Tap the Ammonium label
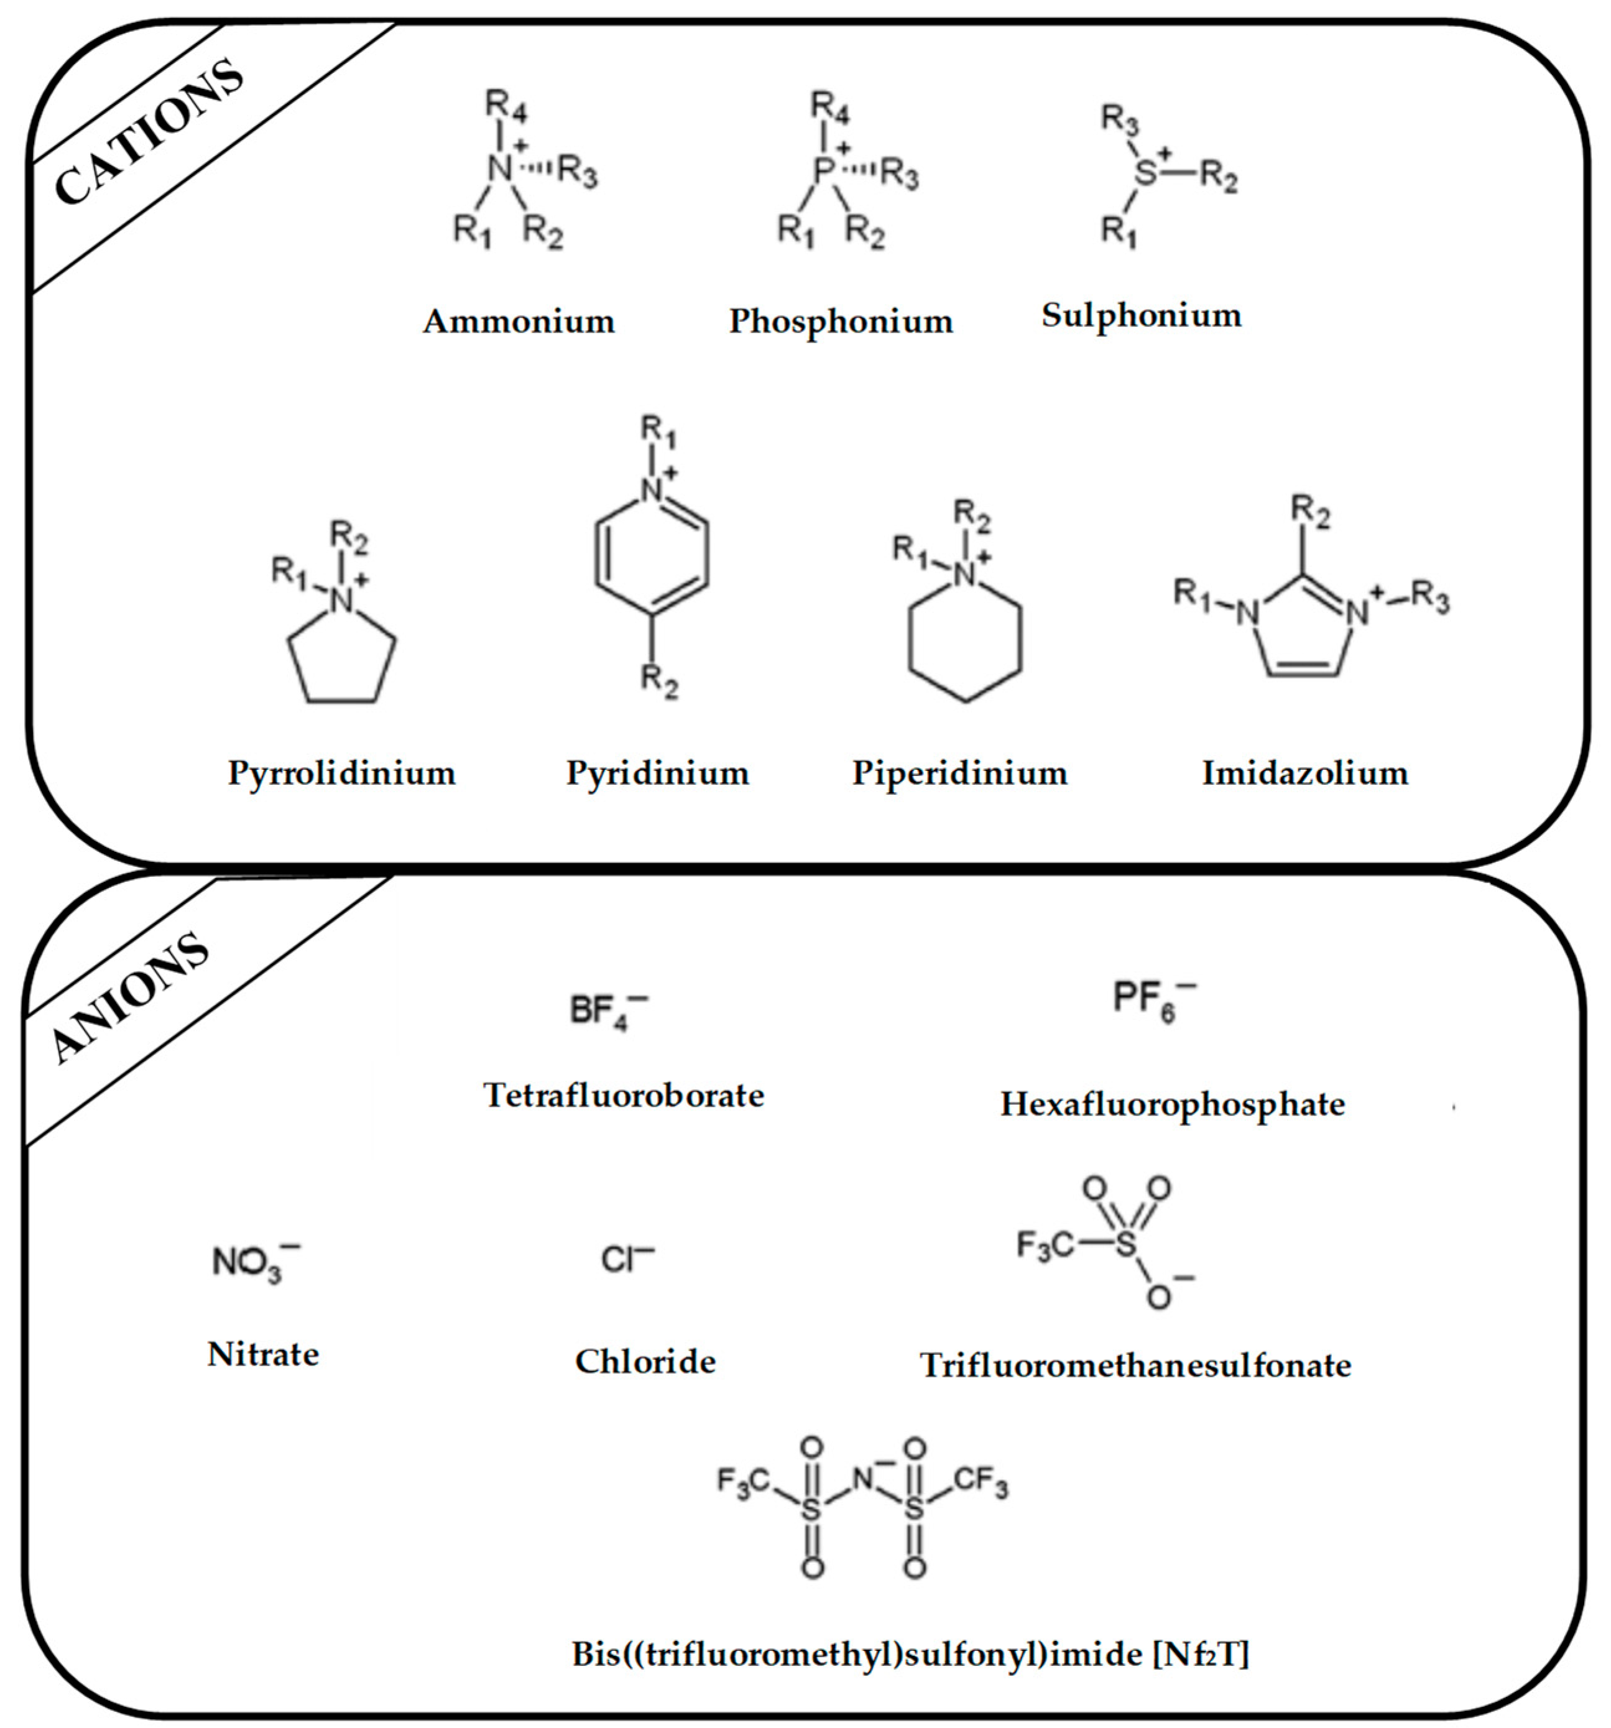[519, 321]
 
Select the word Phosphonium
[840, 321]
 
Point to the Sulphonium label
[1141, 315]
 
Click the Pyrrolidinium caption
[341, 773]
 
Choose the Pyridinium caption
[657, 773]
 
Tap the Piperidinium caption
[959, 773]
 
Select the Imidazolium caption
[1304, 773]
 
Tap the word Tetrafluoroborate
[623, 1095]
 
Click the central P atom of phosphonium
[823, 170]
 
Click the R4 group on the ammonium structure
[505, 106]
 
